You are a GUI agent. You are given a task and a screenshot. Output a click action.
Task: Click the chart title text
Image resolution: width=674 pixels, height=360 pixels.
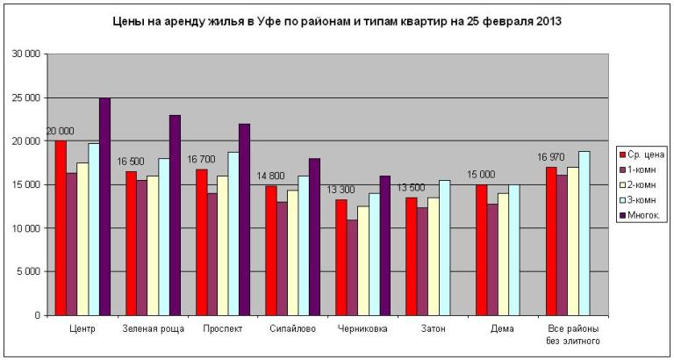[337, 20]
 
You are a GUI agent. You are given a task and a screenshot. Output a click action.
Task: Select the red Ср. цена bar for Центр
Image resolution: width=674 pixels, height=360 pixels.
[61, 228]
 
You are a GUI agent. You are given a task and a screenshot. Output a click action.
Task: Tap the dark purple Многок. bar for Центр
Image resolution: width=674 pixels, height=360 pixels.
[104, 206]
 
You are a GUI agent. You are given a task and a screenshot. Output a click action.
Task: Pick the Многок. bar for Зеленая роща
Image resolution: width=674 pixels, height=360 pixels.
[175, 215]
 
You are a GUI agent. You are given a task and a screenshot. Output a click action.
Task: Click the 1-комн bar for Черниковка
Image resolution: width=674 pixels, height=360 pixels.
[352, 267]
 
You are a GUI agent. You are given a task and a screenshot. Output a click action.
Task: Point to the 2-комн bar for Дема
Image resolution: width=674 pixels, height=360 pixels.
[504, 255]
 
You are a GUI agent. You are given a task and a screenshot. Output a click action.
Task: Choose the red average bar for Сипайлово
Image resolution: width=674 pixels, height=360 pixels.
[271, 250]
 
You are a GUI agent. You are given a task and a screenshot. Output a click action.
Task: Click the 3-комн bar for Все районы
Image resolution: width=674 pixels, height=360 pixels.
[584, 233]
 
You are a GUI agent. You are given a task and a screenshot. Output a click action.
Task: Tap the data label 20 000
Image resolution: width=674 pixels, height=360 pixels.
[60, 131]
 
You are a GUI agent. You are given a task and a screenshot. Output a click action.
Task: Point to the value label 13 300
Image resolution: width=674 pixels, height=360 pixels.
[341, 190]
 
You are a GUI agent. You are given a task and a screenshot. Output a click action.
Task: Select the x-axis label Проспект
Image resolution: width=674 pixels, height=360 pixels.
[222, 329]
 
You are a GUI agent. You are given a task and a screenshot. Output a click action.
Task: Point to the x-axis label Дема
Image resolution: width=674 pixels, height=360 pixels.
[503, 329]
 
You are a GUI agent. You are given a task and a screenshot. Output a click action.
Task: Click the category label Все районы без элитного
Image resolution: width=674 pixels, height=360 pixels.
[573, 335]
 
